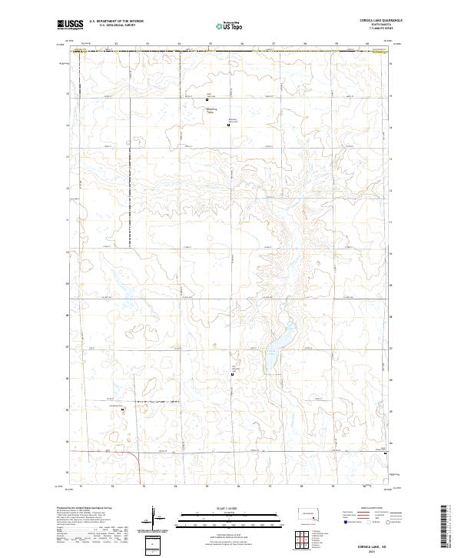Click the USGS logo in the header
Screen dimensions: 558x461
click(x=70, y=25)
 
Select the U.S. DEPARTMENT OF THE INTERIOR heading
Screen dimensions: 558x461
click(x=116, y=22)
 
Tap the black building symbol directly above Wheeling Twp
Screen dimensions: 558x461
click(x=207, y=98)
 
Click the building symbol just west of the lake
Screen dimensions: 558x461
click(x=234, y=375)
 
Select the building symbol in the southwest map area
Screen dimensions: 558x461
click(x=123, y=409)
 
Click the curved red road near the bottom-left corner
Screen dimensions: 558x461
click(x=137, y=459)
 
